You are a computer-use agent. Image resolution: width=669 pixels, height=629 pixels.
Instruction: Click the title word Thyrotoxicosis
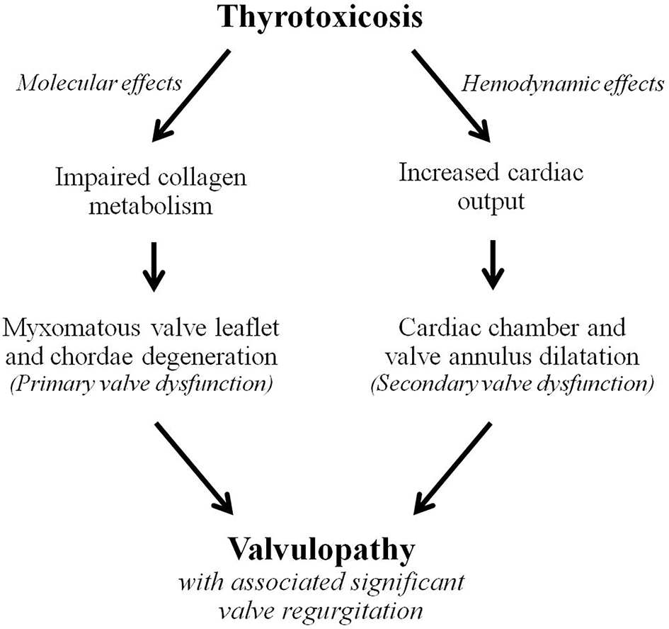tap(334, 17)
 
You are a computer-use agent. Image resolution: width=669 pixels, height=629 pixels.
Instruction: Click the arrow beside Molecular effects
tap(191, 92)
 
